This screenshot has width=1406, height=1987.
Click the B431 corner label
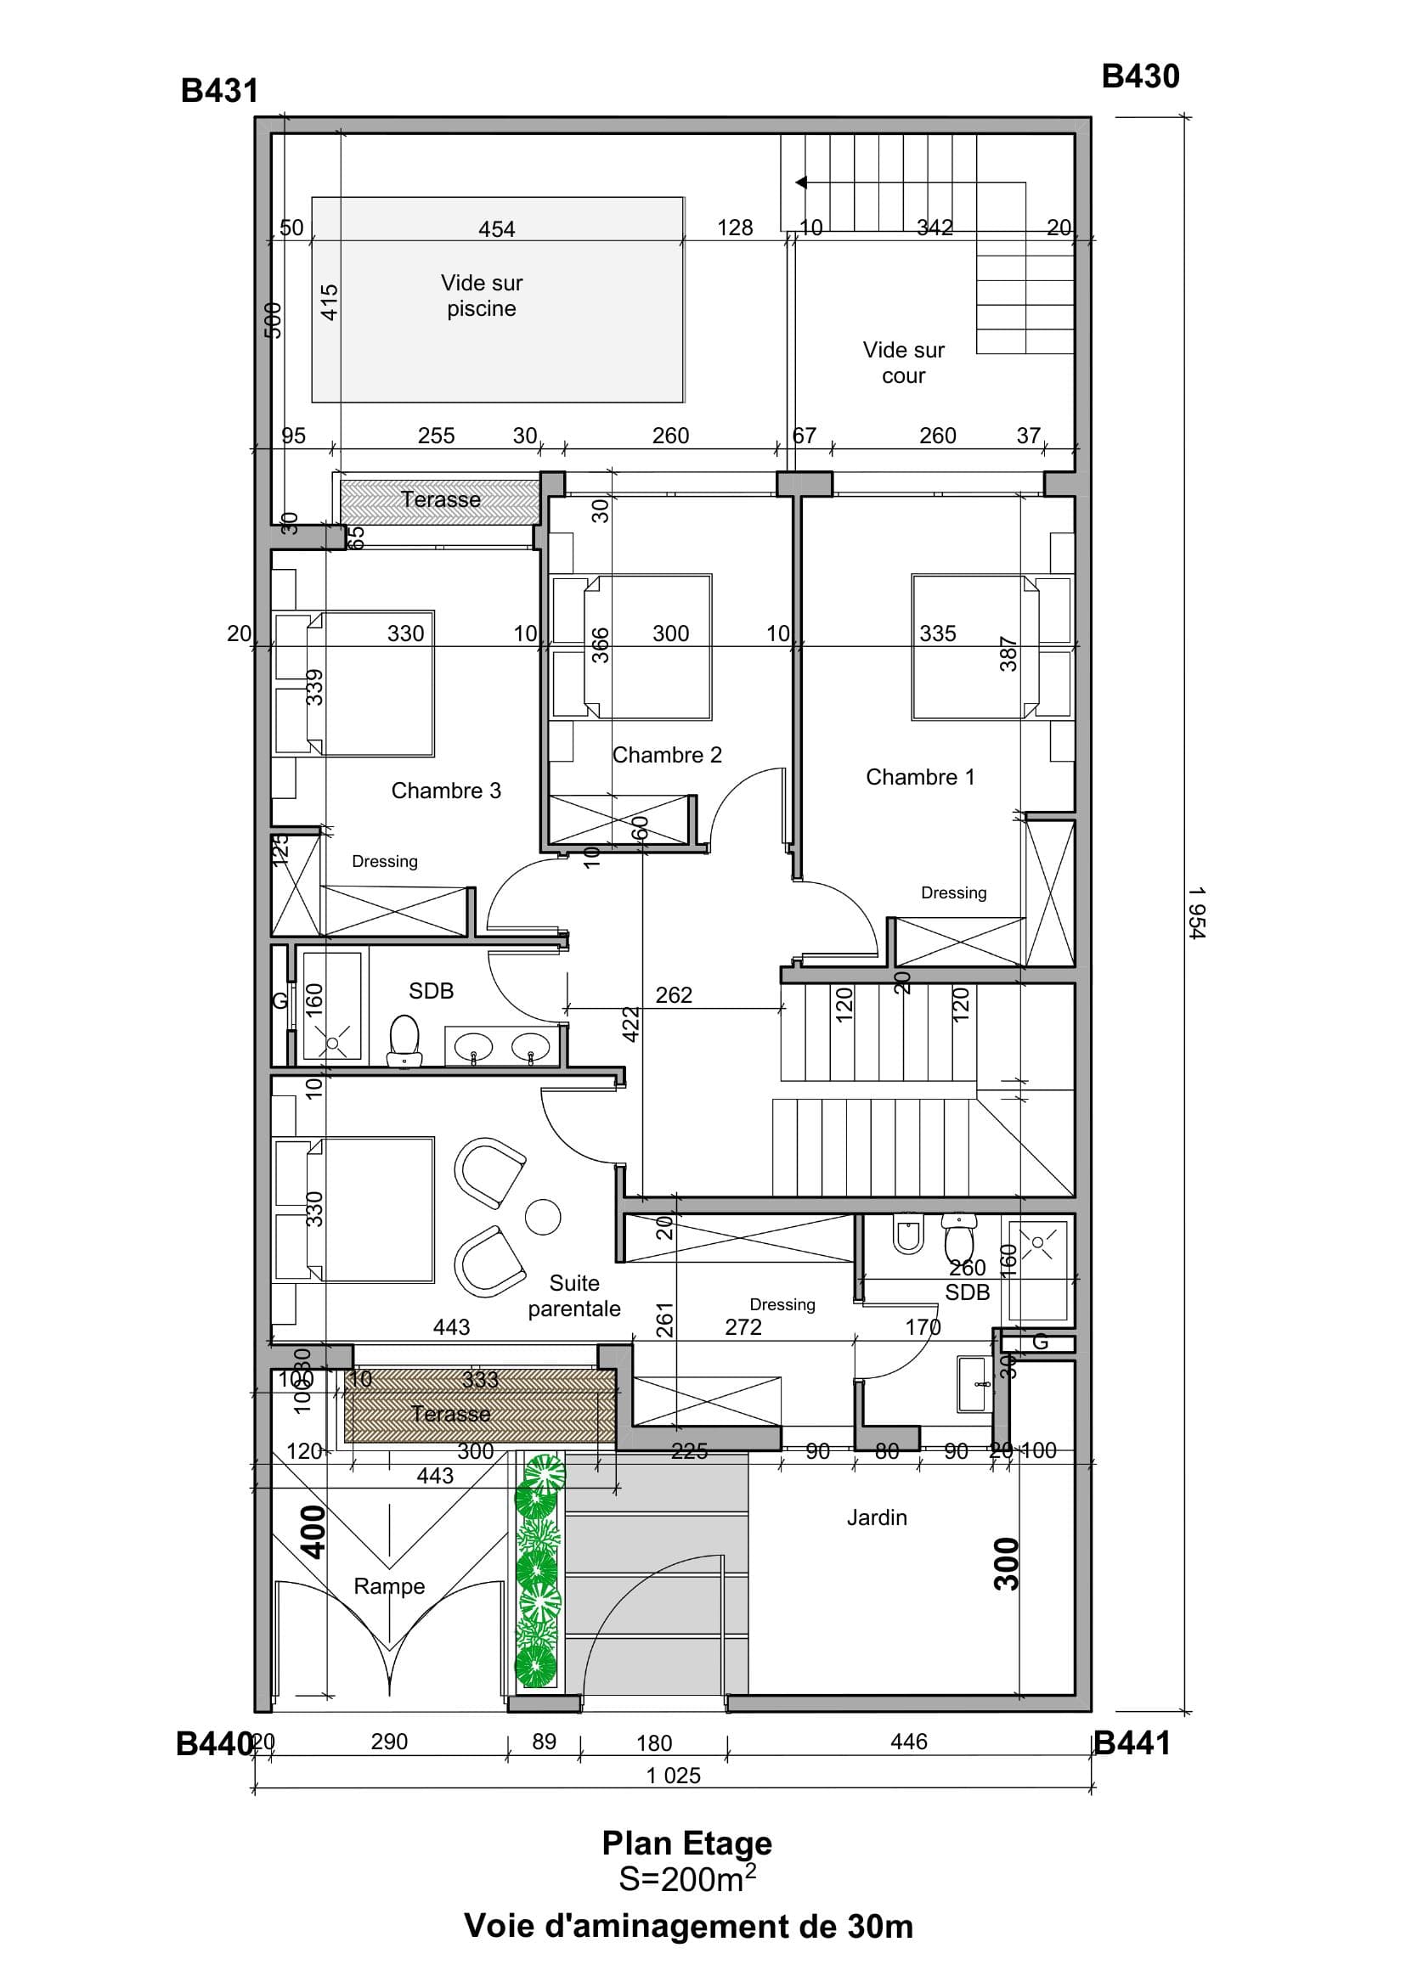[219, 91]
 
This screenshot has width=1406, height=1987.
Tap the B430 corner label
[1139, 77]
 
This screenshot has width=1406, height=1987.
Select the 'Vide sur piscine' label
[482, 296]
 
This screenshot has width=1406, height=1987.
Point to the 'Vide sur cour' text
[903, 363]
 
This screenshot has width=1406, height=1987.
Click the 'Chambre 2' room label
[667, 756]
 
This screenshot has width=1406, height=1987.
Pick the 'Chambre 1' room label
[919, 777]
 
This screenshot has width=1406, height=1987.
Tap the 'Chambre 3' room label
[446, 791]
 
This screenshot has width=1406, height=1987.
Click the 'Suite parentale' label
[574, 1296]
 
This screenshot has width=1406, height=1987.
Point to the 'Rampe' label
[389, 1586]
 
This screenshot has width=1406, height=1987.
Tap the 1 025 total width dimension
[673, 1776]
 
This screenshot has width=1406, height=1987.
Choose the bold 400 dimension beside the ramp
[313, 1532]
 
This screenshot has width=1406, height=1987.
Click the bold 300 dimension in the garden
[1006, 1563]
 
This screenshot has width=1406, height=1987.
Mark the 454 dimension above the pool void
[496, 229]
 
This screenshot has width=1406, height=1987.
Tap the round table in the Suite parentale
[543, 1216]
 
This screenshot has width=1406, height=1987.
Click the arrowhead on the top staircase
[801, 183]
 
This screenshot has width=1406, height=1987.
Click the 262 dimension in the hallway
[673, 995]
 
